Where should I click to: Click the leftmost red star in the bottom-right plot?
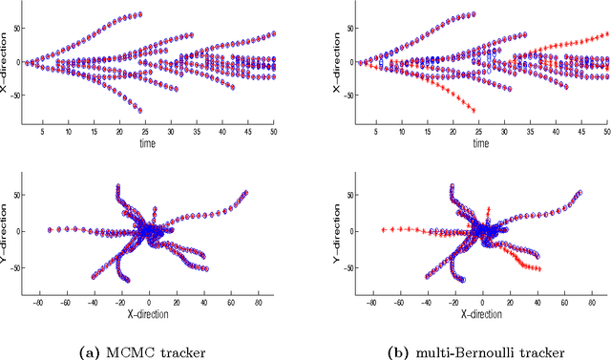(x=383, y=229)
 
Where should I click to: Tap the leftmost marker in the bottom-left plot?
(x=50, y=229)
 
